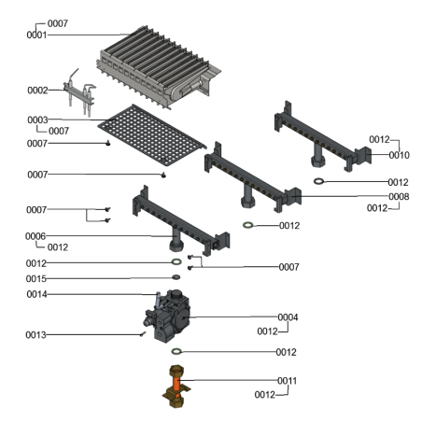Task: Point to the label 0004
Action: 288,317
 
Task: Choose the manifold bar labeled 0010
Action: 322,140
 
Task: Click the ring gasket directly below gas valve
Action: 175,352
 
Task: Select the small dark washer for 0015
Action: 176,278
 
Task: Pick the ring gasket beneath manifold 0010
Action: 318,181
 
